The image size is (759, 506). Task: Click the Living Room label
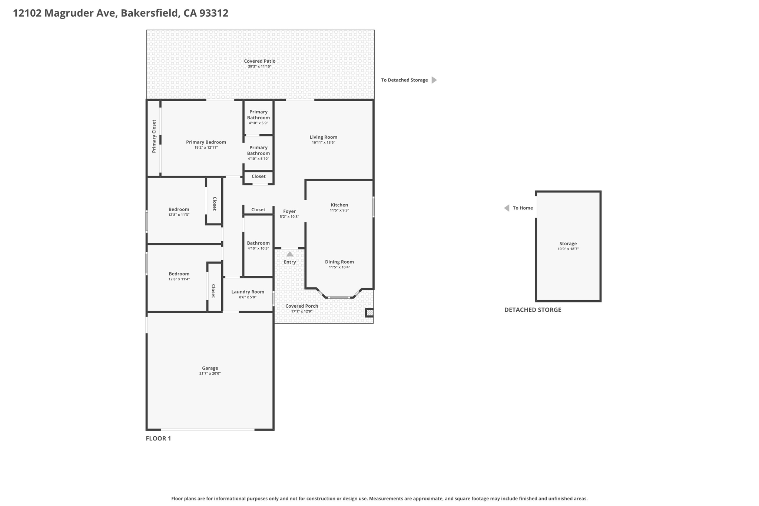324,137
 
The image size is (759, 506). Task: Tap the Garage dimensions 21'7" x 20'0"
210,374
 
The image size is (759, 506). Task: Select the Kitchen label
339,205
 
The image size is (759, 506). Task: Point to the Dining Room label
339,262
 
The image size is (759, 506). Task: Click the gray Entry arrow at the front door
290,254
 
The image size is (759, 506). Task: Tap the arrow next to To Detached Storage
434,80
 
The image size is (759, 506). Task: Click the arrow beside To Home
507,208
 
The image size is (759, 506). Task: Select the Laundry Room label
248,292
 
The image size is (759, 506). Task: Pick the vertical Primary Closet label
154,136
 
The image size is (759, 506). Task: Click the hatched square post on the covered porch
369,313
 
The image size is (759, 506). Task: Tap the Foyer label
289,211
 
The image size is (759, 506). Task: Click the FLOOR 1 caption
158,439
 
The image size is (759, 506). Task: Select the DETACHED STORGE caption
533,310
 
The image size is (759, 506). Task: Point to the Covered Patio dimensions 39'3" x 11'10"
260,67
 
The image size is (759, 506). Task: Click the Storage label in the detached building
568,244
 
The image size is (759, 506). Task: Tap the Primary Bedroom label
206,142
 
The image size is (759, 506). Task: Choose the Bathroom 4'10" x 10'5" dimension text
258,248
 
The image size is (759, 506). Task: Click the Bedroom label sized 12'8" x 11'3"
179,209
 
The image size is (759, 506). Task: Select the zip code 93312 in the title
214,13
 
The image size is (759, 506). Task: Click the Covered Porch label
302,306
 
